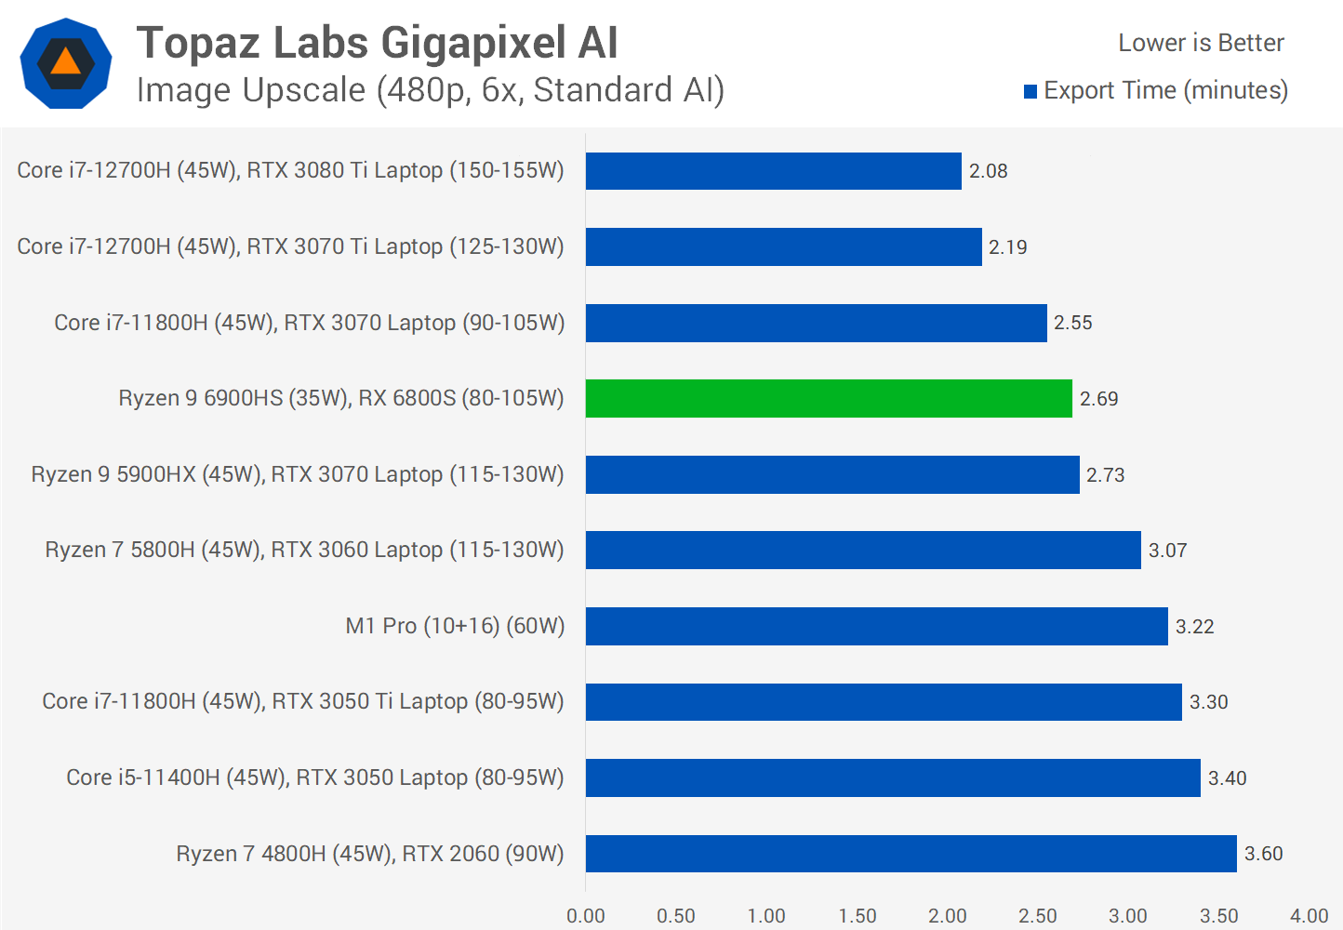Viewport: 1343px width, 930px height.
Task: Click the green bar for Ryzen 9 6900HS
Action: pos(829,399)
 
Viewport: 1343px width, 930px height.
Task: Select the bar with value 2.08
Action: pos(773,171)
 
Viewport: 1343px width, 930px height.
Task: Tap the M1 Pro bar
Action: pos(876,626)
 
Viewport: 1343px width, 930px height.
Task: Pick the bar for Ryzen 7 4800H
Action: pos(911,854)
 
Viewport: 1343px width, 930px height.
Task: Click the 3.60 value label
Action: pos(1263,854)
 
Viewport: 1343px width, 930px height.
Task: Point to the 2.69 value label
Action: pos(1098,399)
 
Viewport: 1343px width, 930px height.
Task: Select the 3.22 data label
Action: pos(1194,627)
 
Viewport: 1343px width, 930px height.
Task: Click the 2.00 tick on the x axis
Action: pos(947,916)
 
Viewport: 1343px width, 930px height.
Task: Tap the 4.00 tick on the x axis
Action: pos(1309,916)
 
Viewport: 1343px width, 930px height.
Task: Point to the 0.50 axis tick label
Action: pos(676,916)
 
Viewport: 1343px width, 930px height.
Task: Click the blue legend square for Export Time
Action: pos(1031,91)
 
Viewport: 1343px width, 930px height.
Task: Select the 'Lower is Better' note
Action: pos(1201,43)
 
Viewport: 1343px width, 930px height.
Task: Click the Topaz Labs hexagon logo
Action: pos(66,63)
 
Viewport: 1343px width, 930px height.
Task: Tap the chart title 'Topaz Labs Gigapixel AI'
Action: pos(377,43)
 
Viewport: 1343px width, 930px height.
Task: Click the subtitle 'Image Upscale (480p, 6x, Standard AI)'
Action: pos(430,90)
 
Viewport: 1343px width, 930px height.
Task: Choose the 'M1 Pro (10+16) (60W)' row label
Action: pos(455,626)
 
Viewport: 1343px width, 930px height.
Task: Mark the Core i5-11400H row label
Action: pos(315,777)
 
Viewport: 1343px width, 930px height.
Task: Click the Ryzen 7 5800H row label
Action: pos(304,550)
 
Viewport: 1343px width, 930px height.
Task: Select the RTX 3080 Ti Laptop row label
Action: pos(290,170)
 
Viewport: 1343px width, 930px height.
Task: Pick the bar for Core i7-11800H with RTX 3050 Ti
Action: pos(884,702)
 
